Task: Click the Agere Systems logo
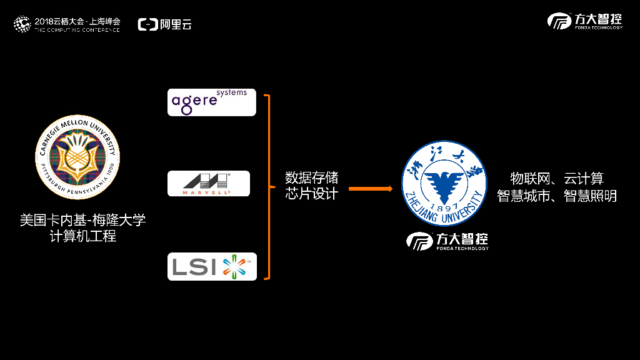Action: (x=211, y=102)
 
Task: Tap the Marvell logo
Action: (x=209, y=184)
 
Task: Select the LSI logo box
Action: (x=212, y=266)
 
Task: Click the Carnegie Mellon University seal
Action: (x=77, y=157)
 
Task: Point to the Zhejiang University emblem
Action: (x=444, y=183)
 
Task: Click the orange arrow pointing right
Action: (x=371, y=189)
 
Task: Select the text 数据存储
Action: (x=311, y=178)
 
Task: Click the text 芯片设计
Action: (x=311, y=194)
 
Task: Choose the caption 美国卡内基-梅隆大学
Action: (x=83, y=221)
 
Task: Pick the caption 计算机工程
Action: (x=83, y=236)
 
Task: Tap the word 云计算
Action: (x=584, y=179)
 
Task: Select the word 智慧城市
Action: (x=523, y=196)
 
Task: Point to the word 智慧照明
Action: (x=590, y=196)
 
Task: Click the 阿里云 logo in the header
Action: (x=165, y=24)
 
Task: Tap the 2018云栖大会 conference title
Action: (x=77, y=21)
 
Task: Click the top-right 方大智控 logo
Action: (x=585, y=21)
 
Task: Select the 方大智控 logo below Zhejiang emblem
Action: (x=447, y=241)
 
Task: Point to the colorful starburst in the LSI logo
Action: (x=234, y=266)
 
